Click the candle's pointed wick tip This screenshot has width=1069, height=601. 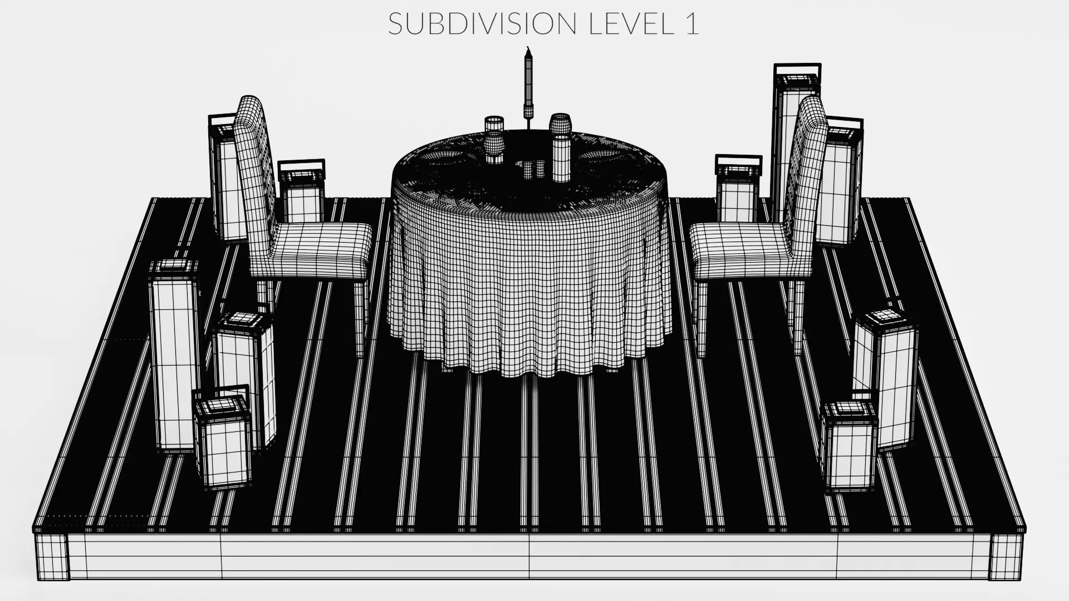click(x=528, y=50)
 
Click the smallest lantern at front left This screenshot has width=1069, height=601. click(x=222, y=442)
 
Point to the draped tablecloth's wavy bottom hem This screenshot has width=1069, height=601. click(x=529, y=364)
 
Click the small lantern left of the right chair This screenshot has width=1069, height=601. click(x=737, y=189)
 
